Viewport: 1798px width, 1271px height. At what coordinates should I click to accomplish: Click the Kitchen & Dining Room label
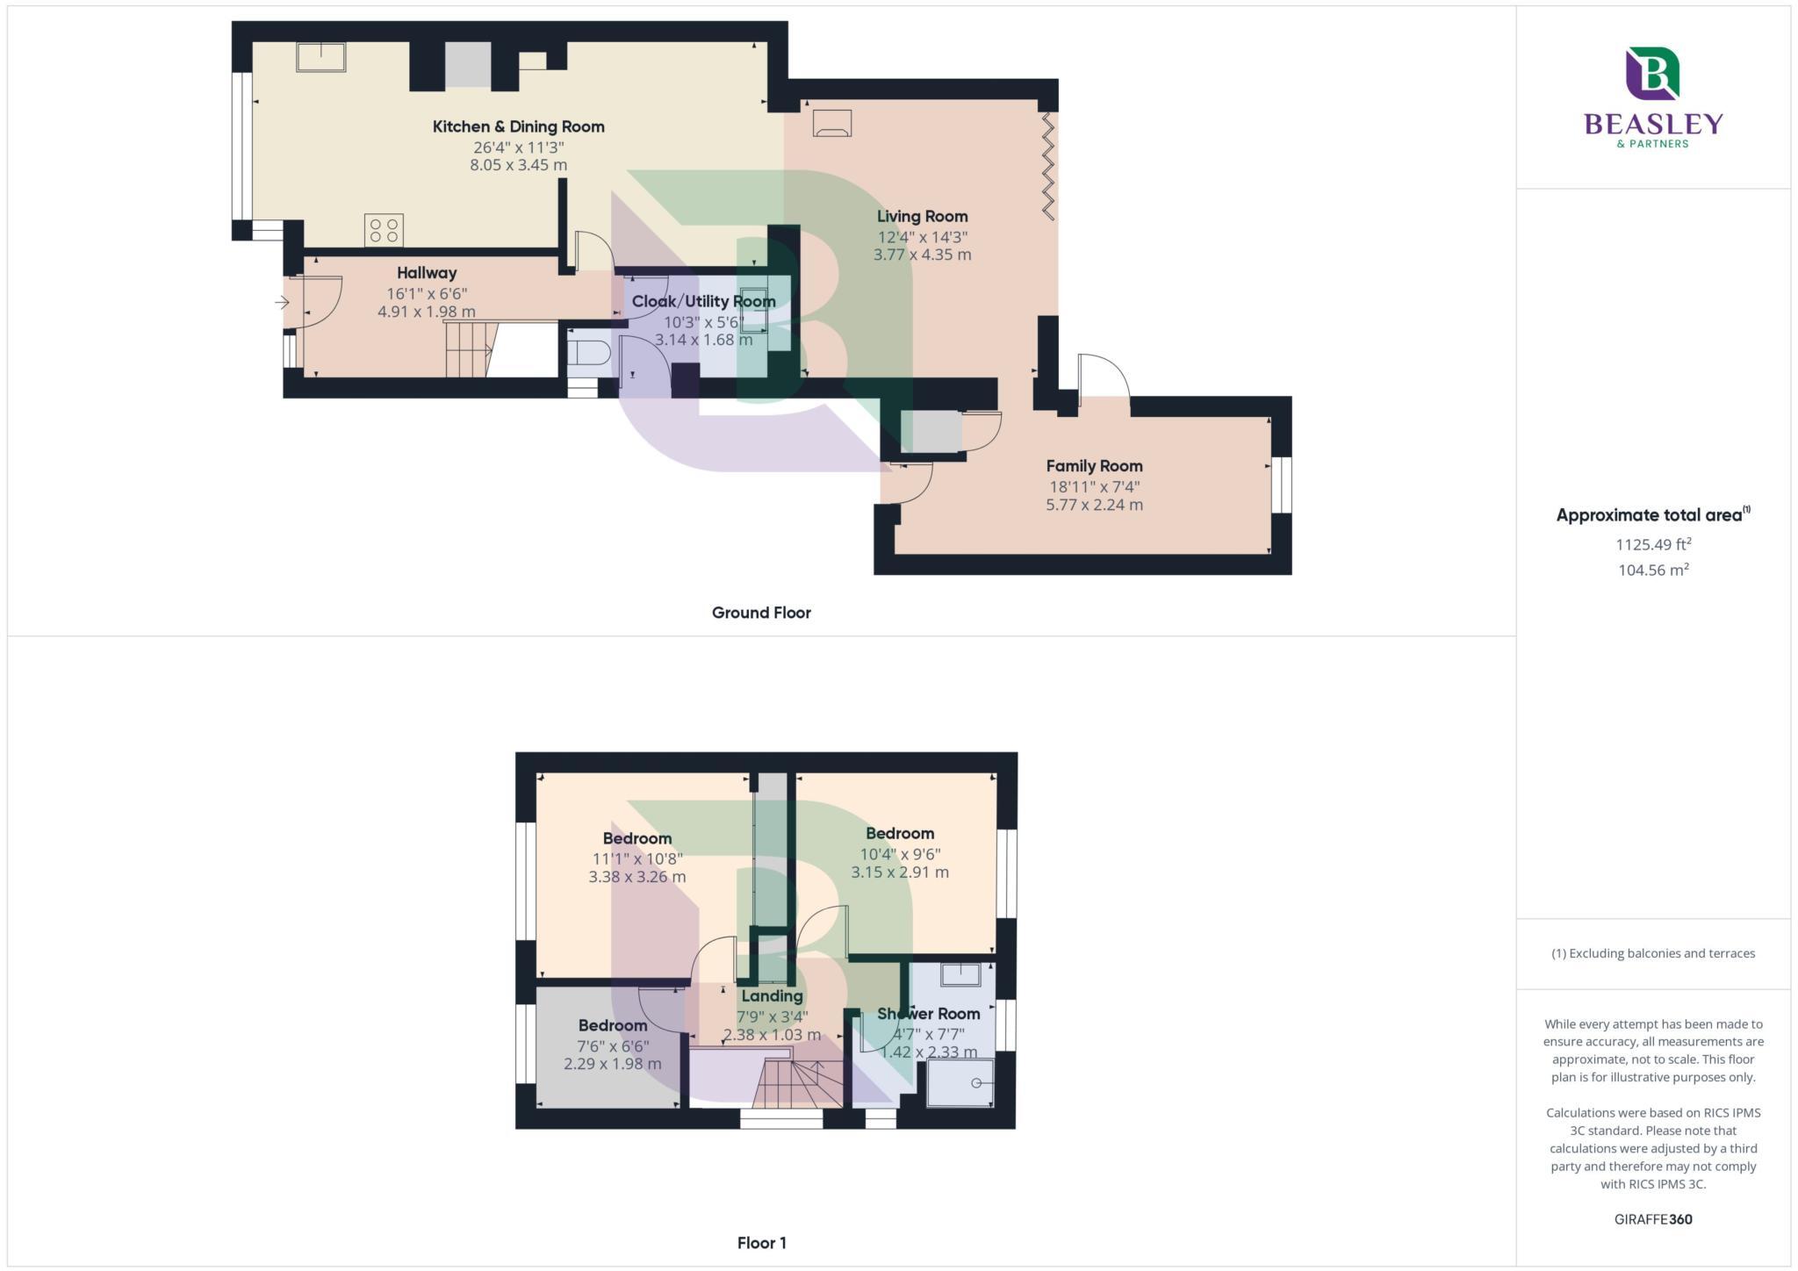(x=518, y=126)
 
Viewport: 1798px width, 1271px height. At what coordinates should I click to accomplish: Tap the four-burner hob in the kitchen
(x=384, y=230)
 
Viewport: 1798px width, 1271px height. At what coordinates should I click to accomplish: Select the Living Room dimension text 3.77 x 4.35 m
(x=922, y=255)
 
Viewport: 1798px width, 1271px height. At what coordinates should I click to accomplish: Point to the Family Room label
(x=1094, y=466)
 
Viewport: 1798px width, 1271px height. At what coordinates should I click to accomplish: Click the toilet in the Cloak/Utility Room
(x=587, y=354)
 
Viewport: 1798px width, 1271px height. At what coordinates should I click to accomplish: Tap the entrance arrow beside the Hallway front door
(x=282, y=303)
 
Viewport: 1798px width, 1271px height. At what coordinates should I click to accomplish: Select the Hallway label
(x=427, y=273)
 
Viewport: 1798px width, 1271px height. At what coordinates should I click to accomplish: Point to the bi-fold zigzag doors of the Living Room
(x=1047, y=165)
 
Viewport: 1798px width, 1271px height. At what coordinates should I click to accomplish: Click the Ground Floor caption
(x=761, y=613)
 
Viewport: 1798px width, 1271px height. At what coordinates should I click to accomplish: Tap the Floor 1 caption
(x=761, y=1243)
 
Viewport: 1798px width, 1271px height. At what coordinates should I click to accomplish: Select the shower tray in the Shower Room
(x=960, y=1082)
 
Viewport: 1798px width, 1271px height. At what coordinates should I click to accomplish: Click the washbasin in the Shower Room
(x=960, y=974)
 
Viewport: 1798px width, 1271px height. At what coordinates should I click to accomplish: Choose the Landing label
(x=772, y=996)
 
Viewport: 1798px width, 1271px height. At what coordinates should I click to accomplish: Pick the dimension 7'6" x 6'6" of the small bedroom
(x=613, y=1046)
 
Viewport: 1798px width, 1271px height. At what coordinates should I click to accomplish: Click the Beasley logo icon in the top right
(x=1652, y=74)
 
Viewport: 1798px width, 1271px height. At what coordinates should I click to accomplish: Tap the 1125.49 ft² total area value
(x=1653, y=544)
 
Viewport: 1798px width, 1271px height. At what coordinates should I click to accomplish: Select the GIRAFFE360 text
(x=1653, y=1219)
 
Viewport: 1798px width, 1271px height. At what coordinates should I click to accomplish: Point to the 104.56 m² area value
(x=1653, y=570)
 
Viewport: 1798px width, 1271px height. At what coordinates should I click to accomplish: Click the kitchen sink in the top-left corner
(x=320, y=57)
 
